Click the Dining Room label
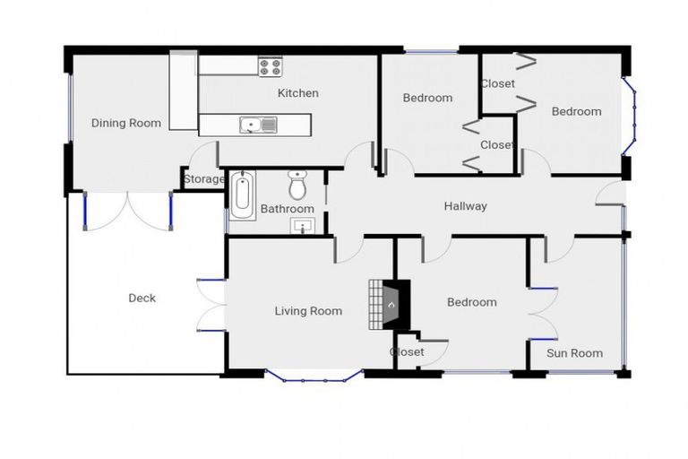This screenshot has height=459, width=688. point(126,123)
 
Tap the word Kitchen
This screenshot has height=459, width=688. point(297,93)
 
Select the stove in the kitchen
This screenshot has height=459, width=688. point(270,66)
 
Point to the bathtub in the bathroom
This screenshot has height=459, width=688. point(241,195)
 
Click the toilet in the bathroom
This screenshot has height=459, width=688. point(298,186)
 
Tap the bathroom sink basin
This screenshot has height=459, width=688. point(305,225)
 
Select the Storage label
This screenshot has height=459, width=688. point(204,179)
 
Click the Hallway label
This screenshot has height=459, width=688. point(466,206)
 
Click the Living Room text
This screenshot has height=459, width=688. point(308,311)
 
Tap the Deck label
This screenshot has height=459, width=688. point(142,298)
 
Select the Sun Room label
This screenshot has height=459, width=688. point(574,353)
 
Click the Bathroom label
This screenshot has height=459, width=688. point(287,210)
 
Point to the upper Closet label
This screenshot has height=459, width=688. point(497,84)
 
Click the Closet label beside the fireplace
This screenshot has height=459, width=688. point(407,352)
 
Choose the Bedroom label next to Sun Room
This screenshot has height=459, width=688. point(471,302)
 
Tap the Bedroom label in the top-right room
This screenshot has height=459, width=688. point(576,111)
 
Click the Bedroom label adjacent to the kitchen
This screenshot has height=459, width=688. point(427,98)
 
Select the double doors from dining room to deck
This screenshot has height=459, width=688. point(127,212)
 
